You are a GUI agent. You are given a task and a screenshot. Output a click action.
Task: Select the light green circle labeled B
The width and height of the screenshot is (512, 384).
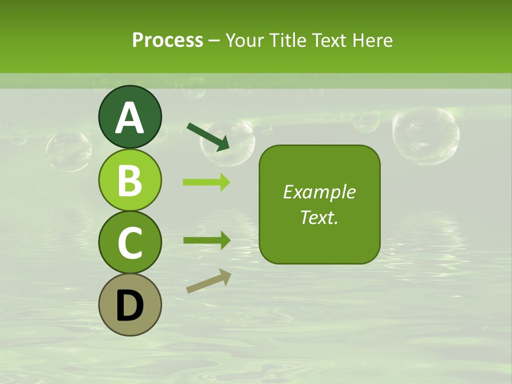click(130, 180)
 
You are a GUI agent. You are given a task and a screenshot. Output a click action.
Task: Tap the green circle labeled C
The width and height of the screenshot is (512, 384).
click(130, 243)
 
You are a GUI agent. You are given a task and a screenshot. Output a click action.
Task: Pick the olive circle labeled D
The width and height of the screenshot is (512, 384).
click(130, 305)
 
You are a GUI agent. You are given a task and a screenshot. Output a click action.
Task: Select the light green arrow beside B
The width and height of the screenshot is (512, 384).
click(206, 182)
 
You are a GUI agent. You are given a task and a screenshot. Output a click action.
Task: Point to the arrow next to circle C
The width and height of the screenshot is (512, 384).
click(206, 240)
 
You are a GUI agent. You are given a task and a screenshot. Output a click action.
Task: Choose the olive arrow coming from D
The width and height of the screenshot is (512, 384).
click(209, 281)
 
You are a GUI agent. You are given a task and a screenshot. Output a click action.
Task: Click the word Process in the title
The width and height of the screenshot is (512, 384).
click(167, 40)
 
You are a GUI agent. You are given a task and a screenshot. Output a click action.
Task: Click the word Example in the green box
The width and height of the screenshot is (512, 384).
click(319, 192)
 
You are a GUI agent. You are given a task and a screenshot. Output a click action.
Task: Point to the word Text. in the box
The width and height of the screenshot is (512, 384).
click(319, 218)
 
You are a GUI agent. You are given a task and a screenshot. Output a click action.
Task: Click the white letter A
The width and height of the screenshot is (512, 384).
click(130, 118)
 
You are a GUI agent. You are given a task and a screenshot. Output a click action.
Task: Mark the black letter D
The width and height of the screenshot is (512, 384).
click(130, 306)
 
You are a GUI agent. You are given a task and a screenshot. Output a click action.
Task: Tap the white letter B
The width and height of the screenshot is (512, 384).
click(130, 180)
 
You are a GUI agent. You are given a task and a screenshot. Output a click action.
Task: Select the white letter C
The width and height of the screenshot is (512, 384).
click(130, 243)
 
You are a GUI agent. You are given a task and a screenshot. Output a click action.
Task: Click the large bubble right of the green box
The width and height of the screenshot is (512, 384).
click(425, 135)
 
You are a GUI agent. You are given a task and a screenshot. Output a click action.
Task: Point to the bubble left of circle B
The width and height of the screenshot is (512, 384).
click(69, 151)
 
